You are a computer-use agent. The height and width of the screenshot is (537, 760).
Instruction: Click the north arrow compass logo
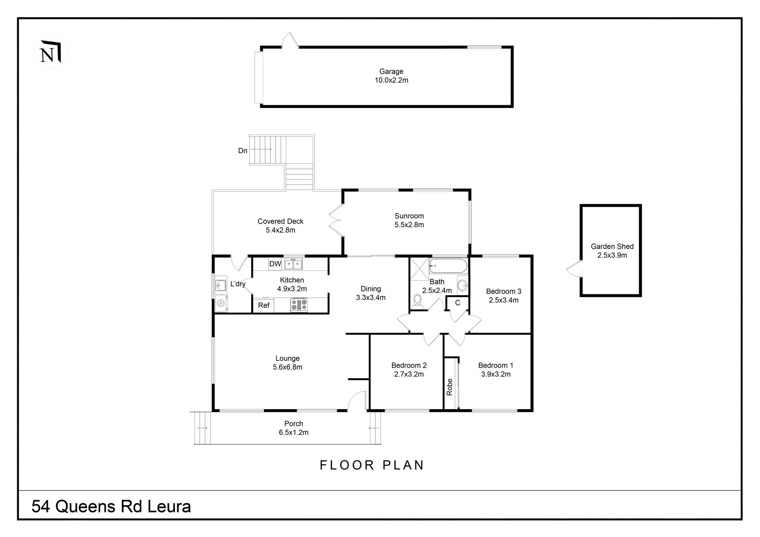[x=50, y=52]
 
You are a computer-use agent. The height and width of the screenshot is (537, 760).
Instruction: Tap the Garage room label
[x=391, y=72]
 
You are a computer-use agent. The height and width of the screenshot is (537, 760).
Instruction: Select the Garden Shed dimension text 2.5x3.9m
[x=612, y=255]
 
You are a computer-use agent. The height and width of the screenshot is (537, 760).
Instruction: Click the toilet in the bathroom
[x=417, y=301]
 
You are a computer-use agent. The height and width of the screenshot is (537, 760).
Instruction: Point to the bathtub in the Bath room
[x=448, y=266]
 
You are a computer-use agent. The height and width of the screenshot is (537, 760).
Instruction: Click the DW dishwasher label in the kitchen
[x=275, y=264]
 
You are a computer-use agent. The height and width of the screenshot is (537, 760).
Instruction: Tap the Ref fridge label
[x=264, y=306]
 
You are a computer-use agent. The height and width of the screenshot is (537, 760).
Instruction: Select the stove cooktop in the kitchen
[x=299, y=305]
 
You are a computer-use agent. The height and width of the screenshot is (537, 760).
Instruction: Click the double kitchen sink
[x=293, y=264]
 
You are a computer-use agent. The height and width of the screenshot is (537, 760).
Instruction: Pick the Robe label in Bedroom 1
[x=450, y=387]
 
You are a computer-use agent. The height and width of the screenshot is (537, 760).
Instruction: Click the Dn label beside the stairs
[x=243, y=151]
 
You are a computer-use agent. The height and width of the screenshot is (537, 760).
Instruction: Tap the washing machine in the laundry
[x=221, y=304]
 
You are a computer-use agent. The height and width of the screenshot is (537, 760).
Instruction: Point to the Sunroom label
[x=409, y=216]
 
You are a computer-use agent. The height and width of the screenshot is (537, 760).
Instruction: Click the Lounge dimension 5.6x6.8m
[x=287, y=367]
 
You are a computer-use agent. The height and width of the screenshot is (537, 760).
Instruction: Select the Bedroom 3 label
[x=503, y=292]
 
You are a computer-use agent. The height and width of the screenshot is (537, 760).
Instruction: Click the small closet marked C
[x=458, y=303]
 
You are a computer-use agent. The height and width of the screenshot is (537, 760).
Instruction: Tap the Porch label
[x=293, y=424]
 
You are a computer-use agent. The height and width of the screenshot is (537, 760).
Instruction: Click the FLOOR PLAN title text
[x=372, y=465]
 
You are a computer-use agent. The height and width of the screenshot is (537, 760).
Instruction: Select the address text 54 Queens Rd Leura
[x=111, y=507]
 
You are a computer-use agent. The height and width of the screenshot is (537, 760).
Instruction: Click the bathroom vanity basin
[x=462, y=285]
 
